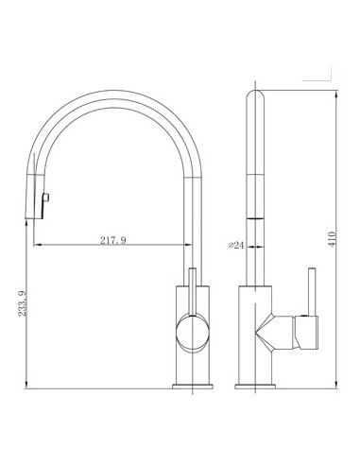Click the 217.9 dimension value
[113, 240]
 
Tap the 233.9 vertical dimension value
[23, 303]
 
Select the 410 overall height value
[333, 239]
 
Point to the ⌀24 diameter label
[236, 245]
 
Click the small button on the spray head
[46, 198]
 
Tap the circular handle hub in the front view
[193, 333]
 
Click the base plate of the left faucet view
[193, 387]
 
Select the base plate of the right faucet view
[255, 387]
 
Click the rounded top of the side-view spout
[255, 95]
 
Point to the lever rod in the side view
[312, 292]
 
